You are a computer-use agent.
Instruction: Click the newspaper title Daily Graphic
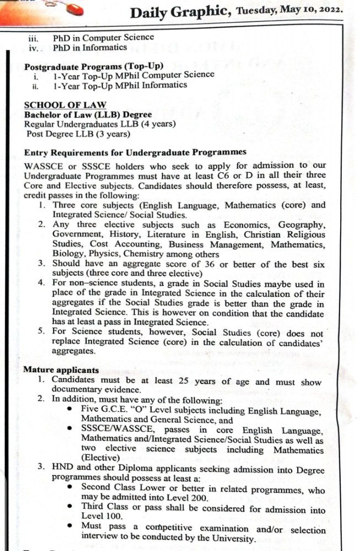point(182,12)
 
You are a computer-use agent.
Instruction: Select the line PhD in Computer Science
point(104,39)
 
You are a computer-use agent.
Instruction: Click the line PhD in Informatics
point(90,48)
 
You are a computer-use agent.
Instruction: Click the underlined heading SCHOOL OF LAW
point(65,105)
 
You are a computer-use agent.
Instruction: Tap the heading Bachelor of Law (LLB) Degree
point(88,115)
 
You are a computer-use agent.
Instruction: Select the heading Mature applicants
point(61,370)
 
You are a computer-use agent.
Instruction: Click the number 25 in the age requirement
point(189,381)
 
